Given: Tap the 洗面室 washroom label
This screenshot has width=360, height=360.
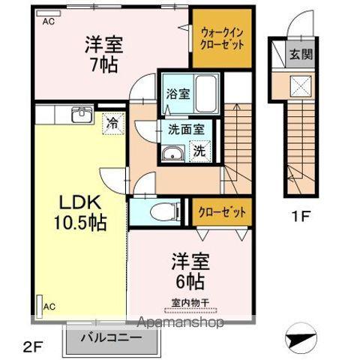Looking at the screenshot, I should point(185,127).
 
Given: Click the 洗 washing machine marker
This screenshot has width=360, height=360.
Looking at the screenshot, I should point(199,150).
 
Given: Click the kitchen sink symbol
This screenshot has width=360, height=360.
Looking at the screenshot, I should point(78,115).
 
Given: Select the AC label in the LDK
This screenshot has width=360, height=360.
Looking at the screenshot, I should point(48,307).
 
